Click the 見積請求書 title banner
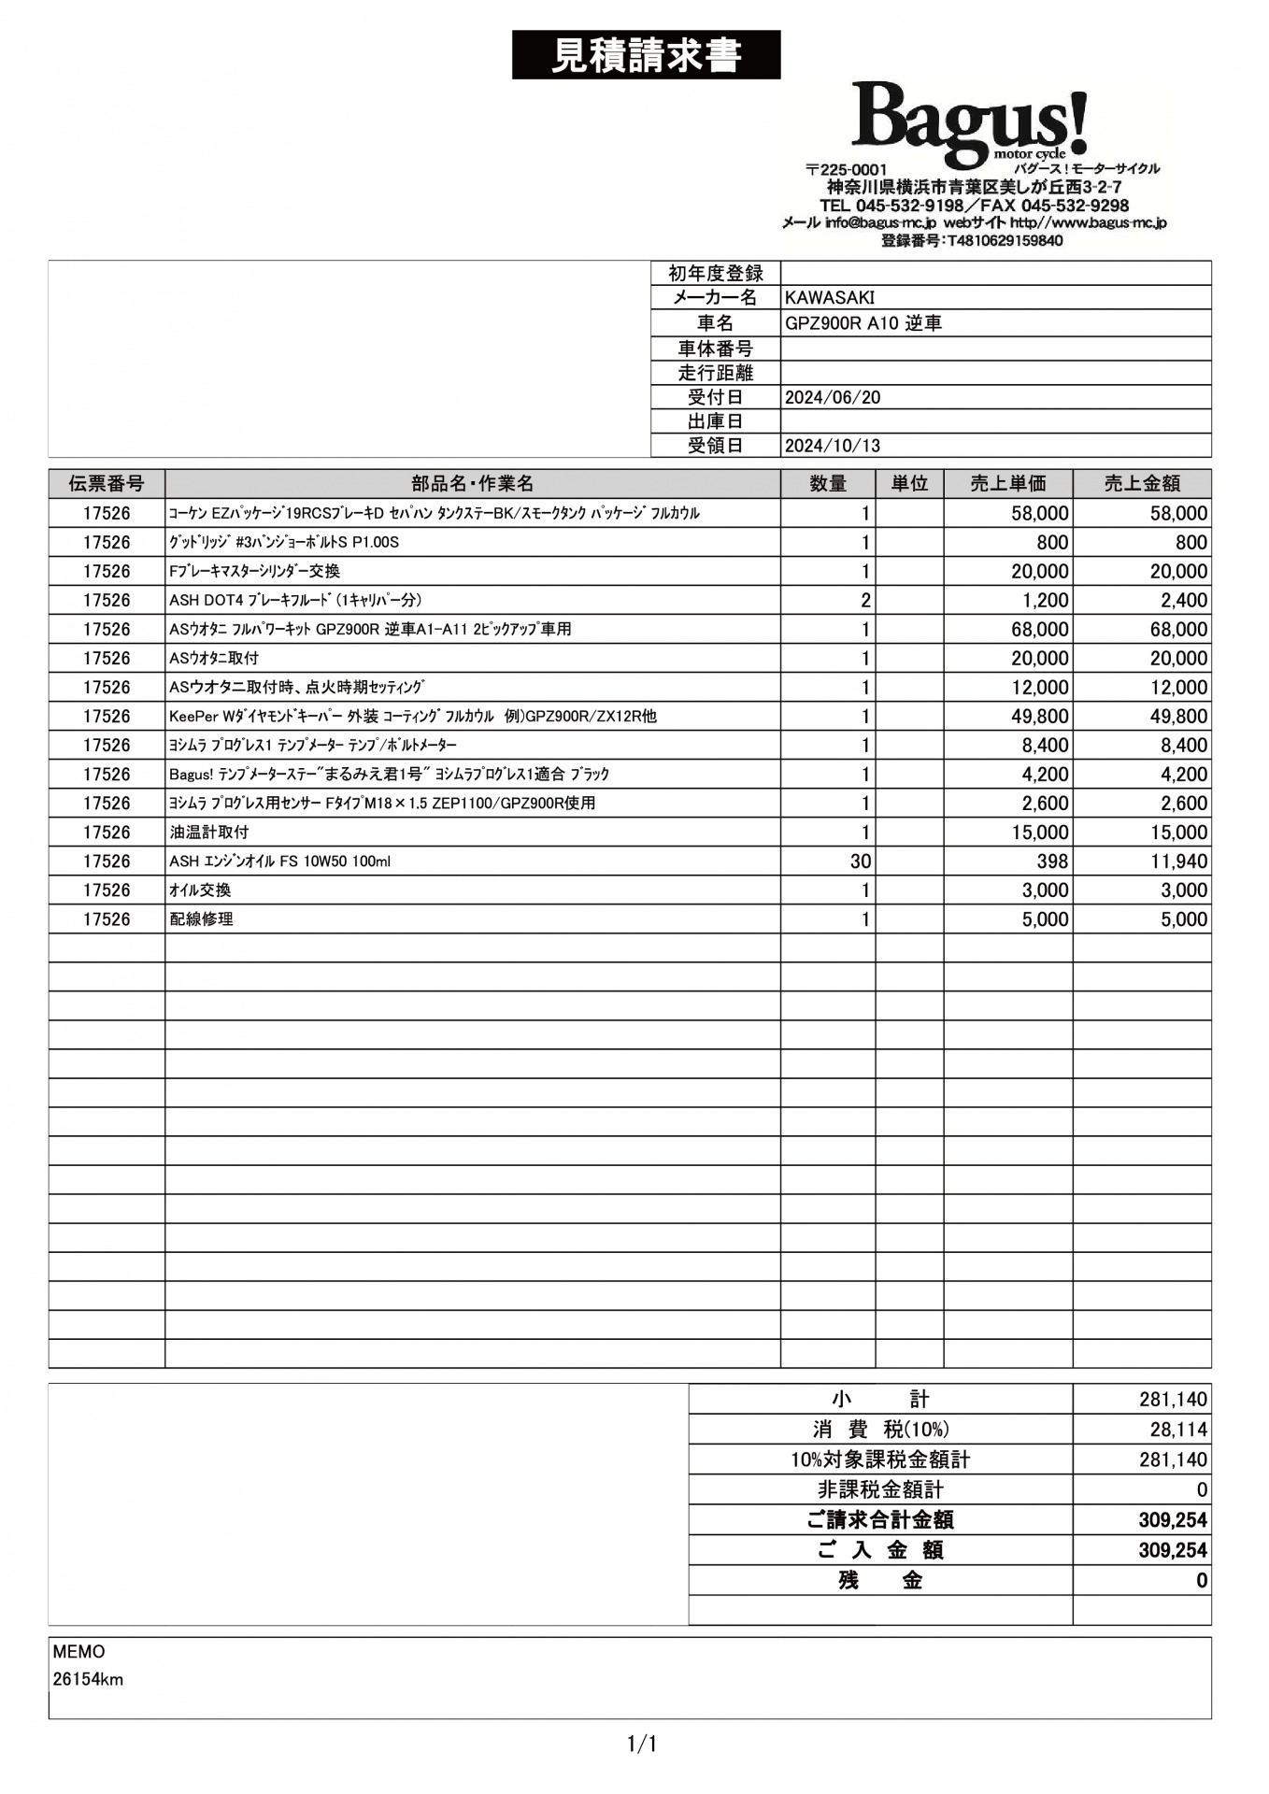pos(646,55)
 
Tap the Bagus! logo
pos(969,122)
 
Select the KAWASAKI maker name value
pos(830,298)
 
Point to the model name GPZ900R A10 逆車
pos(863,323)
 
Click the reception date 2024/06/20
pos(833,397)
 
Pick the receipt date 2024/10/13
pos(833,446)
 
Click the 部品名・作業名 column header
pos(472,483)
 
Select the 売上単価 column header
pos(1007,483)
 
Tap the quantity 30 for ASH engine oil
pos(860,861)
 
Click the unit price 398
pos(1052,861)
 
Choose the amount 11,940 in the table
pos(1178,861)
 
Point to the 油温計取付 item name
pos(209,833)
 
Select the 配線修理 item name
pos(201,919)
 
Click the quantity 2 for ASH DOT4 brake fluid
pos(865,601)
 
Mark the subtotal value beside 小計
pos(1173,1399)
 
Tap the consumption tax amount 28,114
pos(1178,1430)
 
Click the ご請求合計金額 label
pos(879,1520)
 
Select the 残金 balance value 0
pos(1202,1581)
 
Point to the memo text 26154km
pos(88,1679)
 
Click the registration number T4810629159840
pos(971,241)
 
